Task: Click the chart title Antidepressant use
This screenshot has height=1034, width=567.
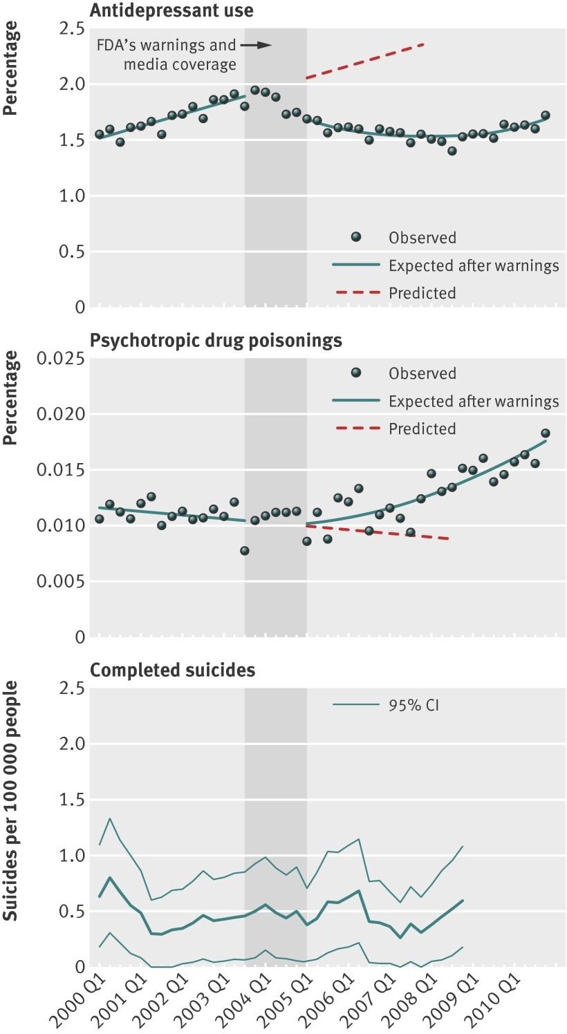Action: click(171, 10)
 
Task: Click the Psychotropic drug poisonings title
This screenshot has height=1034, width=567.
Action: click(216, 341)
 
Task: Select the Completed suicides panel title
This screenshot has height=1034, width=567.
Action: click(173, 670)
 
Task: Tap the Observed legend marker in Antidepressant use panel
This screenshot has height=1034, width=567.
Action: click(356, 237)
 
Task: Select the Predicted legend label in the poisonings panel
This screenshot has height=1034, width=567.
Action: click(422, 429)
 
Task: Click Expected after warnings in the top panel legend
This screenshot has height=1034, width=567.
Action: click(474, 265)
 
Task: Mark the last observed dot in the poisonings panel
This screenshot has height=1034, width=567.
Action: click(545, 433)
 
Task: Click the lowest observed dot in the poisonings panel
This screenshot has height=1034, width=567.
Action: click(244, 551)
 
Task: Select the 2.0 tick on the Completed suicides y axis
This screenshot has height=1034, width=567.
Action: click(71, 744)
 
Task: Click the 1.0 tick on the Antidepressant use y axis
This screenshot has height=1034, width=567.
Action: click(71, 196)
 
